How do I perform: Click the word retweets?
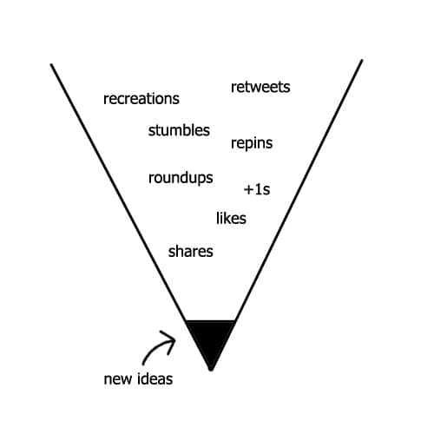260,87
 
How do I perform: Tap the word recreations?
141,99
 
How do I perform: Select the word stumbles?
179,130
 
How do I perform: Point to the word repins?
252,143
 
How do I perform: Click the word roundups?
181,178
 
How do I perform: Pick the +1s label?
257,189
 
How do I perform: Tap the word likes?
231,218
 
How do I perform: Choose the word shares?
191,252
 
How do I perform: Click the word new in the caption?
117,379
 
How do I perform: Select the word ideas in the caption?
155,378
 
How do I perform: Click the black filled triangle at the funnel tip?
211,340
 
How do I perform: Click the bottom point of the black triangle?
211,370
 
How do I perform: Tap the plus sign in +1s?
248,190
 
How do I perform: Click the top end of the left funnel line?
51,64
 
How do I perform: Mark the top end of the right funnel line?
362,61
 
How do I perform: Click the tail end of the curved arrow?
143,364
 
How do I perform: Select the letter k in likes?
226,218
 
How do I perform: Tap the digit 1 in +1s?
258,189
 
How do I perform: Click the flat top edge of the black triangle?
210,321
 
